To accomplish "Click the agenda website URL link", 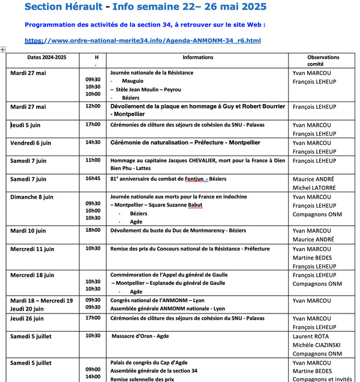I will click(x=143, y=41).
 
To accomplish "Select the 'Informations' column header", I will click(x=197, y=58).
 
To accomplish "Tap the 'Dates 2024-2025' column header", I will click(x=38, y=58).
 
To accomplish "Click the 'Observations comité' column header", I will click(x=323, y=61).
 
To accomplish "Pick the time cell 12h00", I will click(x=93, y=106).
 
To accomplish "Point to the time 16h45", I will click(x=93, y=178).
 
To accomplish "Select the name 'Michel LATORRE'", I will click(x=315, y=187).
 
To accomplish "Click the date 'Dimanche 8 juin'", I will click(x=32, y=197).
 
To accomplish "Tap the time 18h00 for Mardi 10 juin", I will click(x=93, y=230).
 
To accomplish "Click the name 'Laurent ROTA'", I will click(x=310, y=336).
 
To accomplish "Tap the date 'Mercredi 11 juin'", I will click(x=32, y=249).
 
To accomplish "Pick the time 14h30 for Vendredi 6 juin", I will click(x=93, y=142).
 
